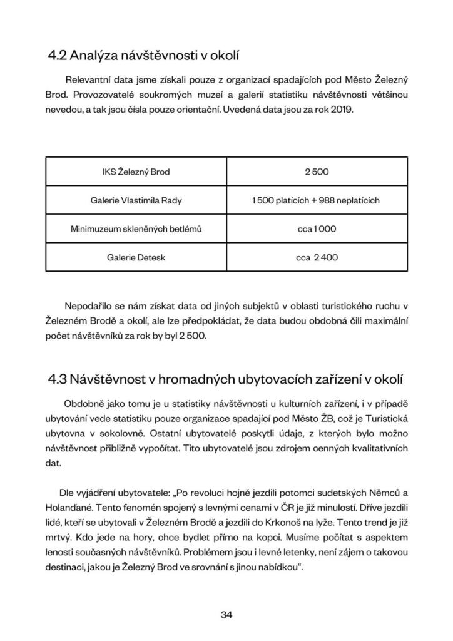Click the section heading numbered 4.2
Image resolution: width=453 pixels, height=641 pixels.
[143, 56]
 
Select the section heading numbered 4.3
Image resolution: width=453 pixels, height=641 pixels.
[226, 379]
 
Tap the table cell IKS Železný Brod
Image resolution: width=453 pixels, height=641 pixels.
[136, 172]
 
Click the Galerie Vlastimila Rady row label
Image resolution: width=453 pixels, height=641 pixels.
[136, 200]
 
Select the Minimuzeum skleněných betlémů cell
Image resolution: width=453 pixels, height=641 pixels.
[136, 228]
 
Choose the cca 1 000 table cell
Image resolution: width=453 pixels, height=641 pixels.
[317, 228]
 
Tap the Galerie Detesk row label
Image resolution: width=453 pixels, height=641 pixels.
[136, 257]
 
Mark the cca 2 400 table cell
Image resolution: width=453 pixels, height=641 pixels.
[317, 257]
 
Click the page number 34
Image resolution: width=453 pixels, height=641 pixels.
[227, 614]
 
